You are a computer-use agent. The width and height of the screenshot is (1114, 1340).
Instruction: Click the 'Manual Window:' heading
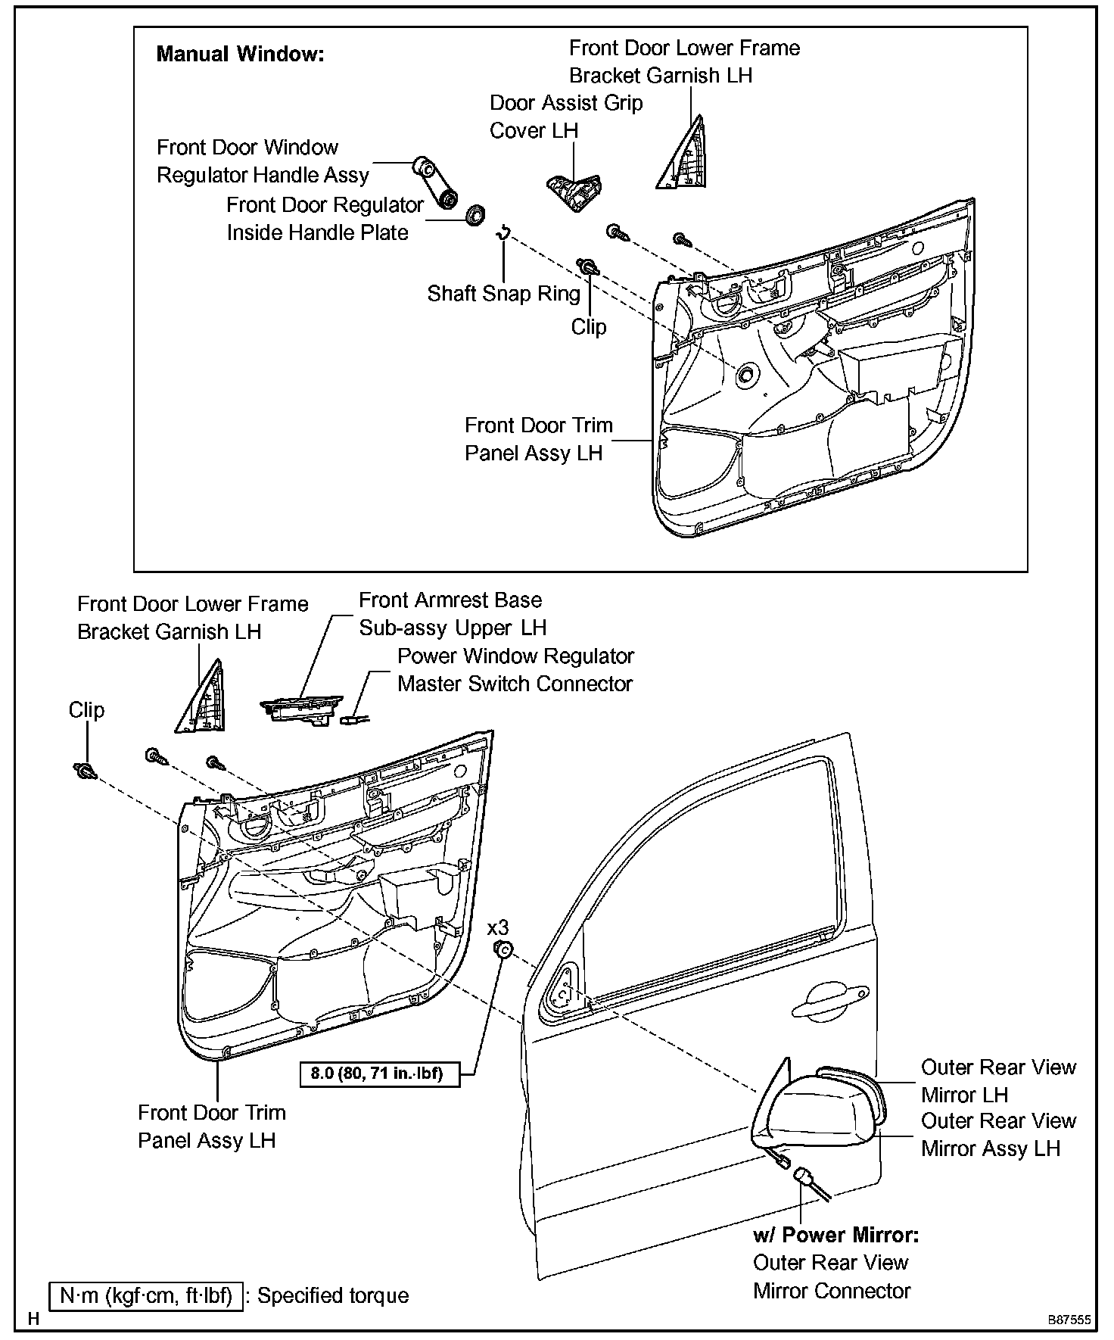(x=240, y=55)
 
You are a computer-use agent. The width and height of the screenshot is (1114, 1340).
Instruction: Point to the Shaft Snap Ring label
(x=503, y=294)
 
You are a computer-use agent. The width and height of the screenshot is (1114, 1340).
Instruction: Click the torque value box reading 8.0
(x=376, y=1073)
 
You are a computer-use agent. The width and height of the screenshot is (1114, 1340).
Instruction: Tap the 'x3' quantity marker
(x=498, y=928)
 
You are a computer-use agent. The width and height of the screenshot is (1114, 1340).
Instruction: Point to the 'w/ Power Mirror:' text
(x=835, y=1236)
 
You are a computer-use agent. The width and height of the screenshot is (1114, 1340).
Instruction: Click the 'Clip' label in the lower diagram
(x=86, y=710)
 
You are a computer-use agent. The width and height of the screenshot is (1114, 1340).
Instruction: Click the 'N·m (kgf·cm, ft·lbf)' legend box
(x=146, y=1296)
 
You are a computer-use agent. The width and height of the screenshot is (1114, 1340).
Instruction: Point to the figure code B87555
(x=1069, y=1320)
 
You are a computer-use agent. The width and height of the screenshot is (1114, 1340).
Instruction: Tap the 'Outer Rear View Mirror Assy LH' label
(x=998, y=1134)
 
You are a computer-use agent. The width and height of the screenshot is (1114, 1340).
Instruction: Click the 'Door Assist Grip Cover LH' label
(x=566, y=117)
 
